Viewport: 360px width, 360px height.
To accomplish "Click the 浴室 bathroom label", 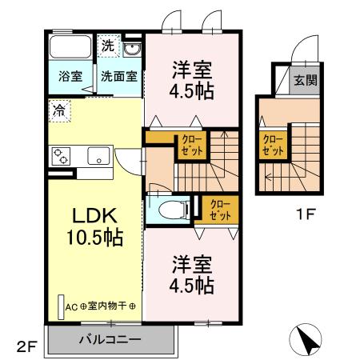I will coord(70,77).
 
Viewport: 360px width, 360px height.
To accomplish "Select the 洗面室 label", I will coord(118,77).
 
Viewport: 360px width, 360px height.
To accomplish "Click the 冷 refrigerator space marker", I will coord(61,110).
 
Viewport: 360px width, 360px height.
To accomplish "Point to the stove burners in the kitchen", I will coord(62,155).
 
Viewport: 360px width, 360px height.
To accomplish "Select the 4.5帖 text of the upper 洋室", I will coord(191,91).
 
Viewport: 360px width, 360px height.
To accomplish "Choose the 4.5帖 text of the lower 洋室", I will coord(192,284).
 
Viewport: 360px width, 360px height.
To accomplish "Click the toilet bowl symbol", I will coord(170,210).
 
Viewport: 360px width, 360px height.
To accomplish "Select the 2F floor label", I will coord(26,346).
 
